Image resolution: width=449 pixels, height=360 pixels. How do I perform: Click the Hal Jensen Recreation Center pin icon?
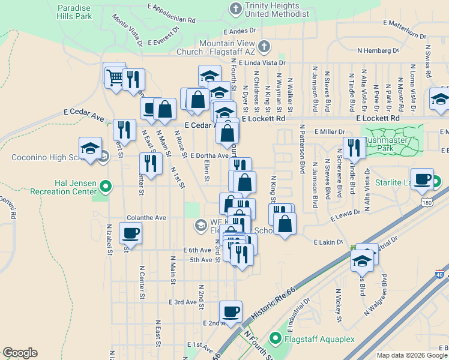(106, 187)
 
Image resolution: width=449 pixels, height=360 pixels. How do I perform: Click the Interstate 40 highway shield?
(440, 274)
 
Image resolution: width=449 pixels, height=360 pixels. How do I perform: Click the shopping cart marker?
(114, 75)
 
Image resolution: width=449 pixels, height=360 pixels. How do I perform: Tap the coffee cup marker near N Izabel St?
(130, 233)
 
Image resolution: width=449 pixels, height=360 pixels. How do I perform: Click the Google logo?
(20, 353)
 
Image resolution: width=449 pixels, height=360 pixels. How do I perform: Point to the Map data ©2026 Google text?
(412, 355)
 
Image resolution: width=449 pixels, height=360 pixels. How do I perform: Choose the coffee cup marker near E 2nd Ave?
(231, 311)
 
